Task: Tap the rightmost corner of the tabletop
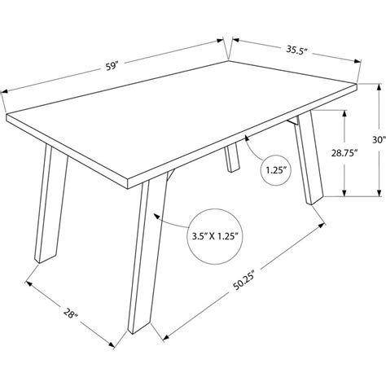[x=358, y=84]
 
